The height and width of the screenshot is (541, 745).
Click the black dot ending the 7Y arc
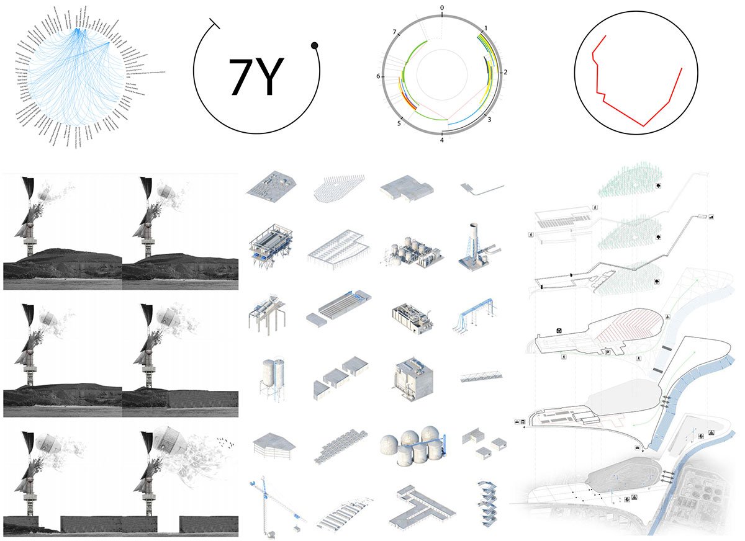click(x=315, y=45)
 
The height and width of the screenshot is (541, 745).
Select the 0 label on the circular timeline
click(x=442, y=8)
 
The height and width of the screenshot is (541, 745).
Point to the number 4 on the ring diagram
click(x=442, y=141)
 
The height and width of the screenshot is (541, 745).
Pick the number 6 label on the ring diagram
click(x=377, y=76)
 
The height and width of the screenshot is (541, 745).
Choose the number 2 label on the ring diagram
click(x=506, y=72)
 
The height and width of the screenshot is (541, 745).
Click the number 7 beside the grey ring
click(x=395, y=31)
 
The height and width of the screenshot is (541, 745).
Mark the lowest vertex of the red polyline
click(x=644, y=126)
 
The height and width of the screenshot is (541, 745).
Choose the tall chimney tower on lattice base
click(x=477, y=245)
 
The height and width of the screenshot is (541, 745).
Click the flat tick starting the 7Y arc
click(x=215, y=23)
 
